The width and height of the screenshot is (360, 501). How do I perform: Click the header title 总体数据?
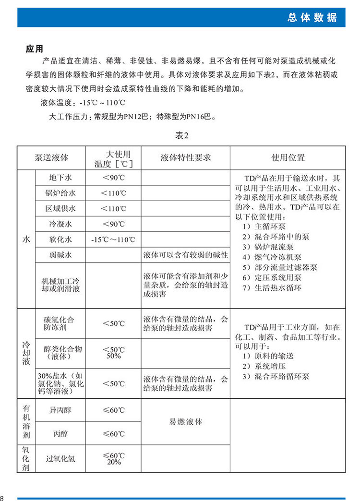[312, 18]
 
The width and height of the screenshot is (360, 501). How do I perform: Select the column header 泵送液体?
[51, 158]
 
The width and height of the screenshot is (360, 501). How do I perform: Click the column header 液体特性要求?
[186, 158]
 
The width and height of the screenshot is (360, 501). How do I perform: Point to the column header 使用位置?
[288, 158]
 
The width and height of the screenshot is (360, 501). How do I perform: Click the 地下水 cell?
[60, 178]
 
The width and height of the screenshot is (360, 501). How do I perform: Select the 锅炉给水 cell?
[60, 193]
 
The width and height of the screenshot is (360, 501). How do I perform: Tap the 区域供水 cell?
[60, 209]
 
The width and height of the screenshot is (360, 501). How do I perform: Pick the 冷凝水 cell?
[60, 224]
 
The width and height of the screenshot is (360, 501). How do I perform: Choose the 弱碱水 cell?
[60, 255]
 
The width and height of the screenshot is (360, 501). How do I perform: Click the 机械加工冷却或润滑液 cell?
[60, 286]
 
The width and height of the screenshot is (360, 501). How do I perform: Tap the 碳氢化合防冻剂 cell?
[60, 323]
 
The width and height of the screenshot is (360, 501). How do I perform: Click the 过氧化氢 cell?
[60, 458]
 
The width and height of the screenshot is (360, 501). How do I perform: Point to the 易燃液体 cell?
[186, 422]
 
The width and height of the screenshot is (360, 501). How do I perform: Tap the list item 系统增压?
[262, 366]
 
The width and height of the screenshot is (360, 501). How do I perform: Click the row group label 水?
[26, 239]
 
